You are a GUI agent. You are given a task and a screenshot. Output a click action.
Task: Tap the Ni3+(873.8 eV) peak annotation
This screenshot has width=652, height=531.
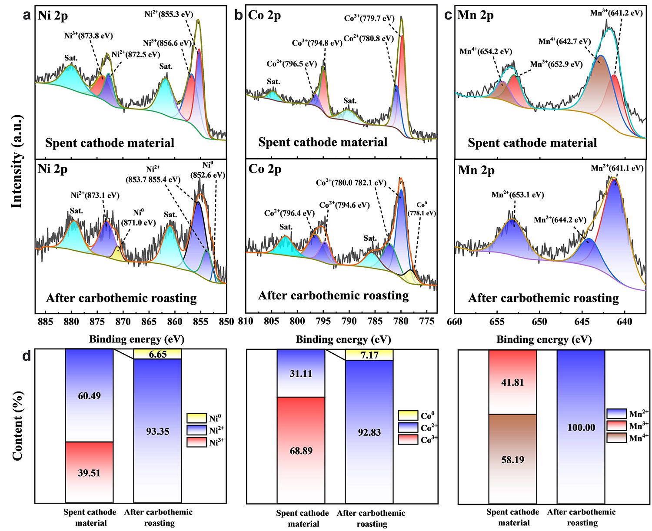click(x=89, y=36)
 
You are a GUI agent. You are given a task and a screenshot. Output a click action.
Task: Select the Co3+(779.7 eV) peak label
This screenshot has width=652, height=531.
click(x=369, y=18)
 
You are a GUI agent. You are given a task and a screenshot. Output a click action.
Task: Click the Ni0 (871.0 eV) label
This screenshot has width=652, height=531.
click(x=138, y=218)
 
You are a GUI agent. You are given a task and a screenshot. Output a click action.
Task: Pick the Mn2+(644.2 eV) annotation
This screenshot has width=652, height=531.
click(x=560, y=220)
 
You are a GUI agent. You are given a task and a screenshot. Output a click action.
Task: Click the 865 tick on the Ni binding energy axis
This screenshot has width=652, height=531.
click(x=149, y=322)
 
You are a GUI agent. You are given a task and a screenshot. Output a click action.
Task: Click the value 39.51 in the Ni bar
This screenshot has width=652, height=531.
click(x=89, y=473)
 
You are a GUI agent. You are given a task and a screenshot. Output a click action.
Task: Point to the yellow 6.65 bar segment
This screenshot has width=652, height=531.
click(x=158, y=354)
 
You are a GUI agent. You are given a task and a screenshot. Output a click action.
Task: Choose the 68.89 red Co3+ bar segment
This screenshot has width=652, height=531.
click(x=301, y=450)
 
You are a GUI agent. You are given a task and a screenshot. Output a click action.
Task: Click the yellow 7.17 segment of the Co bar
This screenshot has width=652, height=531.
click(x=369, y=355)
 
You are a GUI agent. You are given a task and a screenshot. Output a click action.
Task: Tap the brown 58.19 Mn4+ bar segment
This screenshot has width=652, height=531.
click(x=513, y=459)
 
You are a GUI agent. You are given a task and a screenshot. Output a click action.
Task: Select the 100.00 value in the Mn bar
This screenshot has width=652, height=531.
click(x=581, y=428)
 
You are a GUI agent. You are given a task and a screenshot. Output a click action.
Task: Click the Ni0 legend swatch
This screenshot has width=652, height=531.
click(x=196, y=418)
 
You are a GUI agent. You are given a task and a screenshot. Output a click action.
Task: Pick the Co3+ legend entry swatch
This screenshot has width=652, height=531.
click(x=408, y=440)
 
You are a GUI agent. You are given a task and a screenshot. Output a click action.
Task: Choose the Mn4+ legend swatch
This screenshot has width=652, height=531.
click(x=616, y=438)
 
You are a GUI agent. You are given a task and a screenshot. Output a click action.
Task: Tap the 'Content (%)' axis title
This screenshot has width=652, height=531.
click(x=18, y=426)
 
